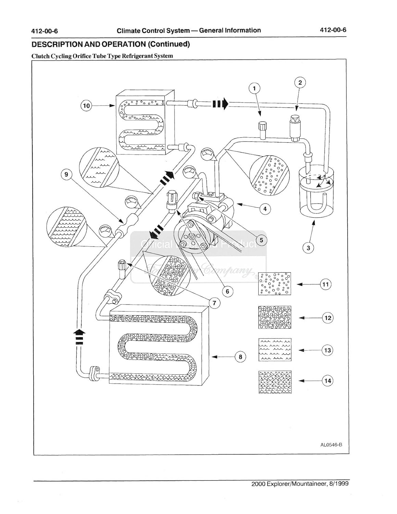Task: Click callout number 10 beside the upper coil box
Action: [86, 106]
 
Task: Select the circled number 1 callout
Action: [254, 88]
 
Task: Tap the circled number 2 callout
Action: [300, 83]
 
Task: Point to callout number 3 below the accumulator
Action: [308, 248]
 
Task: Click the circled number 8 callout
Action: [240, 357]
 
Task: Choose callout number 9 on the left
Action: [66, 175]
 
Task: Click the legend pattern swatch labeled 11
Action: [274, 284]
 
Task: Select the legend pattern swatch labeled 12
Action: [275, 317]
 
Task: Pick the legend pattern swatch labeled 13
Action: [275, 350]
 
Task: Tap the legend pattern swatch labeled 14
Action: [275, 382]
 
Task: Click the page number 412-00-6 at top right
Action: [332, 30]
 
